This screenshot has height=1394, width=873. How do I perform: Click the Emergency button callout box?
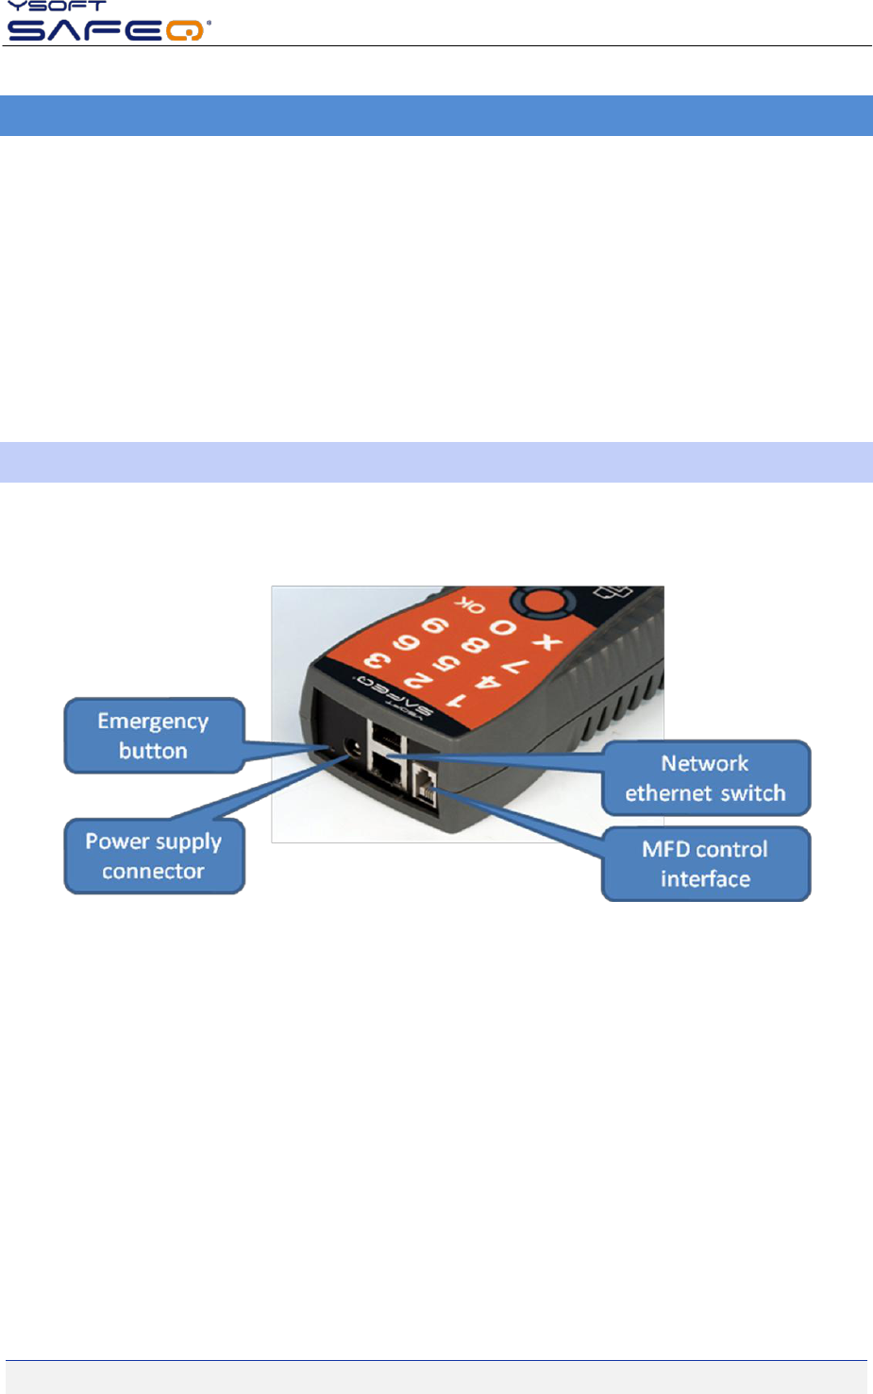[x=154, y=735]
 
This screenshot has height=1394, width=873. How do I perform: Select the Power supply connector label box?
[x=154, y=856]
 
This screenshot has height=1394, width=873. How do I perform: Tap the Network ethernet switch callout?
[x=706, y=777]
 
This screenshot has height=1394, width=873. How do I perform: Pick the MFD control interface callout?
[x=706, y=863]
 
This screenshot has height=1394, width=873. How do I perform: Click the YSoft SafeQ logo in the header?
[x=108, y=23]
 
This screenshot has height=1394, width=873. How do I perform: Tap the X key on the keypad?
[x=546, y=643]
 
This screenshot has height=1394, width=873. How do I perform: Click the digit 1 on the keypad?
[x=457, y=701]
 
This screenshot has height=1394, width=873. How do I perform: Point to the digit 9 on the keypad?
[x=435, y=626]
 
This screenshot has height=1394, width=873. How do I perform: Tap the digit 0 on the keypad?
[x=502, y=628]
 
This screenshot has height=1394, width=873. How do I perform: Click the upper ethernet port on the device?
[x=386, y=737]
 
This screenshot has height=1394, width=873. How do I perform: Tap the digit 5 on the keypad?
[x=447, y=662]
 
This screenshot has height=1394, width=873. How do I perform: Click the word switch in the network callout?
[x=754, y=792]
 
